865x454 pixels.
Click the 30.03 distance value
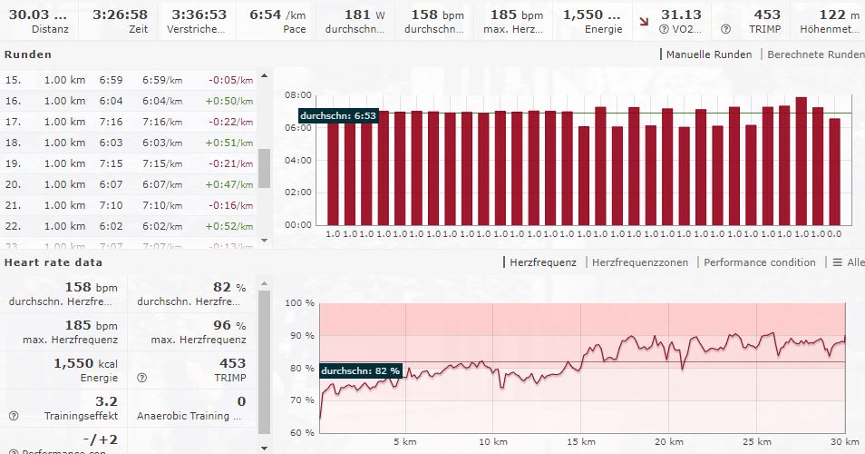37,15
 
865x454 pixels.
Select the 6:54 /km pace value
277,15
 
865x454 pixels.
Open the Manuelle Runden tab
708,54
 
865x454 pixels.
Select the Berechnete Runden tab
815,54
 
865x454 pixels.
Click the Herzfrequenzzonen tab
639,262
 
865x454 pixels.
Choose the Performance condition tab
760,262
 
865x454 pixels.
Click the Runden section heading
28,54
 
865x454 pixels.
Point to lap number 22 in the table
14,226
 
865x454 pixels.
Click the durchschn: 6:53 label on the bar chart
338,116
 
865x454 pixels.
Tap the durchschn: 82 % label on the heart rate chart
360,370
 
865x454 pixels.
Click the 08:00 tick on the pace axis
297,94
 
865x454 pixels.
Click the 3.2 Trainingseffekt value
106,400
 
